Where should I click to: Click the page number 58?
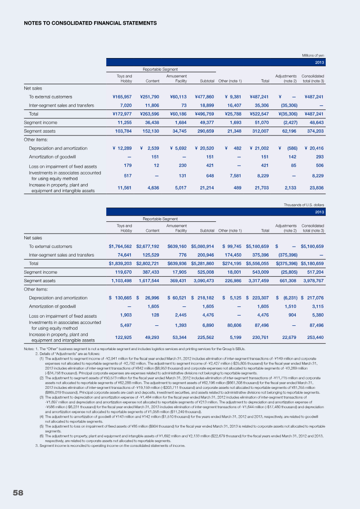point(18,492)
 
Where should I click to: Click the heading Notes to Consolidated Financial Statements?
point(90,23)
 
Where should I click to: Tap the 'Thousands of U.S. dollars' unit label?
point(304,205)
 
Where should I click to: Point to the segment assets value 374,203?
point(314,131)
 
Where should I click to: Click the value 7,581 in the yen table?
point(234,176)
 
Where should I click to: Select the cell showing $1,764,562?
point(120,247)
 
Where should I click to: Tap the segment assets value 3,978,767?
point(312,280)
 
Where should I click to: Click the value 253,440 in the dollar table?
point(314,337)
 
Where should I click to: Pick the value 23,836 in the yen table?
point(315,187)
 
